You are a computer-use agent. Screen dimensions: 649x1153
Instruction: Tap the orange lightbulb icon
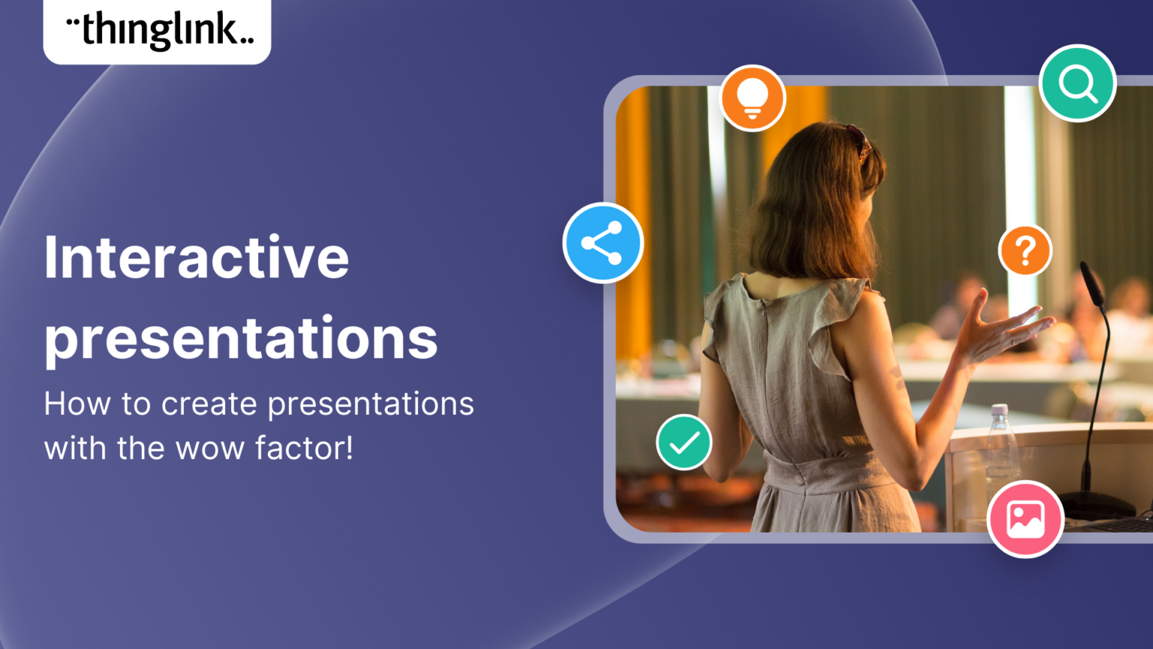[x=752, y=98]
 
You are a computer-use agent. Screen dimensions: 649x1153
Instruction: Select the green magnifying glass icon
[x=1077, y=83]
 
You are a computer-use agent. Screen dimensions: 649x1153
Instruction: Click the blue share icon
[x=603, y=243]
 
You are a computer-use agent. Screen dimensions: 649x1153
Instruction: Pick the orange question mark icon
[x=1025, y=250]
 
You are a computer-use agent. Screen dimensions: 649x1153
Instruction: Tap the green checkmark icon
[x=684, y=442]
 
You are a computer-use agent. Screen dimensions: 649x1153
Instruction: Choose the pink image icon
[x=1025, y=519]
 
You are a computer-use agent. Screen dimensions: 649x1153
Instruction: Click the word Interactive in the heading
[x=197, y=258]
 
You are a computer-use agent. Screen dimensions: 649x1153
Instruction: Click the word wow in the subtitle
[x=209, y=448]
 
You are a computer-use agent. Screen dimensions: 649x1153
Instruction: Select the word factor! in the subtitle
[x=304, y=448]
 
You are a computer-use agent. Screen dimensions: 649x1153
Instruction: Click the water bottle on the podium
[x=999, y=443]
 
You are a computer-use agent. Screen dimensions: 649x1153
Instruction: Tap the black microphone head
[x=1091, y=282]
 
